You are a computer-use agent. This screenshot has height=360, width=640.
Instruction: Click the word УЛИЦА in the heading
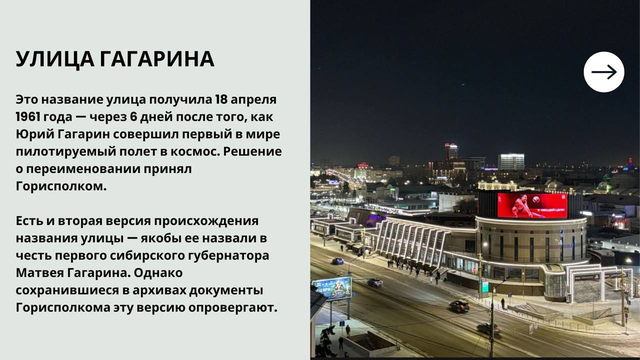(x=55, y=60)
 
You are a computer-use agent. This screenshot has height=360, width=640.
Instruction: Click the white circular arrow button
(x=603, y=72)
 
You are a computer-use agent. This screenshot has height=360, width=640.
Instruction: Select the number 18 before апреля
(x=221, y=99)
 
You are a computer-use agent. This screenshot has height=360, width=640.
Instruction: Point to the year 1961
(x=27, y=117)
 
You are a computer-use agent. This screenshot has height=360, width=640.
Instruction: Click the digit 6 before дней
(x=133, y=117)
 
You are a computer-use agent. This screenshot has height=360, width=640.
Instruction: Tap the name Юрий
(x=35, y=134)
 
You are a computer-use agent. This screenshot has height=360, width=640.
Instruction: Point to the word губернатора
(x=228, y=256)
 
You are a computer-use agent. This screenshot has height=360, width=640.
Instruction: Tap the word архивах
(x=159, y=290)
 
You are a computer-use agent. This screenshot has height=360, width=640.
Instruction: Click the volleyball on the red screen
(x=535, y=199)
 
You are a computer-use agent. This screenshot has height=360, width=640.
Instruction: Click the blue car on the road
(x=337, y=261)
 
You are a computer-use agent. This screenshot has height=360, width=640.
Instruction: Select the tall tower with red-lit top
(x=451, y=152)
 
